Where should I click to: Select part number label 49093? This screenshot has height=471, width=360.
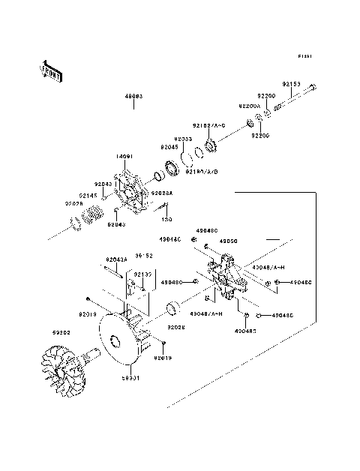pos(134,97)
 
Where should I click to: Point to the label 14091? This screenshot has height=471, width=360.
pos(124,156)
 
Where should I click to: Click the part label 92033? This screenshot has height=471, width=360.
pos(183,139)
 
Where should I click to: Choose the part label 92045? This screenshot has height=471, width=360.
pos(169,148)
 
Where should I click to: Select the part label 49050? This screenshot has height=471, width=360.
pos(227,241)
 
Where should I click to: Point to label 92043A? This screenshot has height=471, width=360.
pos(116,259)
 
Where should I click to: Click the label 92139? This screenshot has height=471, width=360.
pos(142,275)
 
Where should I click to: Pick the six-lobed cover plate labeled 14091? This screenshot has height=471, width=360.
pos(133,186)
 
